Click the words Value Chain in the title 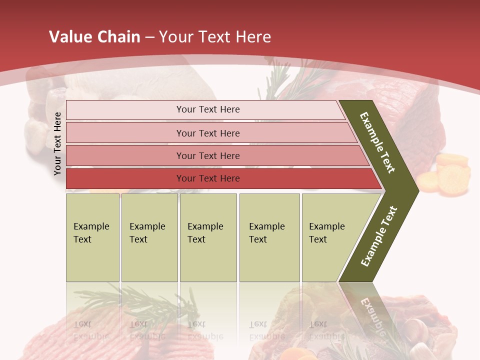click(94, 37)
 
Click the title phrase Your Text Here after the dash click(215, 37)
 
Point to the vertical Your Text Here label click(57, 143)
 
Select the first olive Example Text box click(92, 237)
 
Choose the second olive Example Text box click(149, 237)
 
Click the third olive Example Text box click(208, 237)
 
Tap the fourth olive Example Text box click(269, 237)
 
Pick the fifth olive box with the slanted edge click(330, 237)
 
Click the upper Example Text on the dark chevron click(377, 142)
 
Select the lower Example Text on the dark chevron click(379, 236)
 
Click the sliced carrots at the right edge click(447, 170)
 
